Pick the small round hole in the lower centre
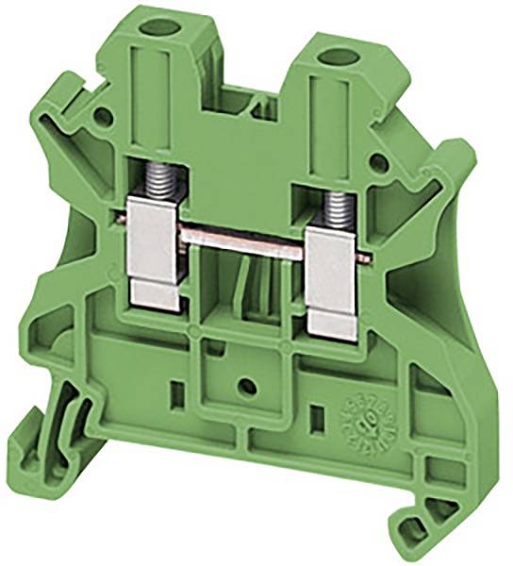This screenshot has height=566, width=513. click(x=247, y=387)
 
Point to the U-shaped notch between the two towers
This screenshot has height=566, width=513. click(x=247, y=94)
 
